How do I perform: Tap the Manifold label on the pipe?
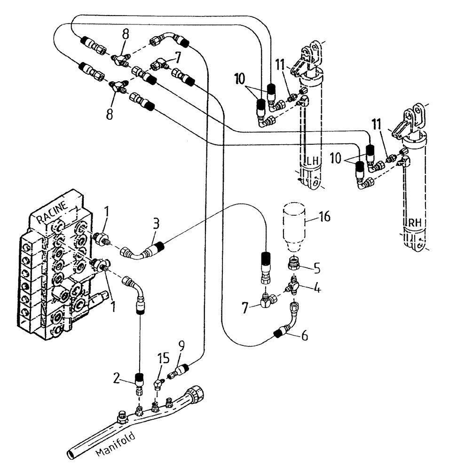(116, 444)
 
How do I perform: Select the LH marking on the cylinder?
(313, 161)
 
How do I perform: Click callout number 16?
(324, 217)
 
